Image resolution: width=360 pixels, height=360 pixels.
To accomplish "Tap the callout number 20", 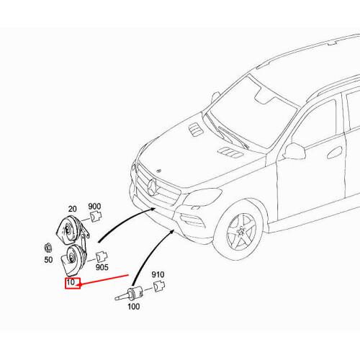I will pyautogui.click(x=73, y=207).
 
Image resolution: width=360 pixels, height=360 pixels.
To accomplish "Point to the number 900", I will pyautogui.click(x=95, y=206).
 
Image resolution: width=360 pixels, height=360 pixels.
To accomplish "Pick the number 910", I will pyautogui.click(x=158, y=275).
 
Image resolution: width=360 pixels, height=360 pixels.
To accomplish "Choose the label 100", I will pyautogui.click(x=132, y=306).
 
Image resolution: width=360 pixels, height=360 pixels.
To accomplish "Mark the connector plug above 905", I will pyautogui.click(x=101, y=255).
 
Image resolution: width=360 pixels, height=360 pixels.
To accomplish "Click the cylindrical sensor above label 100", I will pyautogui.click(x=131, y=293).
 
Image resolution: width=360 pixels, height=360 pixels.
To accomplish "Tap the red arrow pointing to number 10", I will pyautogui.click(x=108, y=279).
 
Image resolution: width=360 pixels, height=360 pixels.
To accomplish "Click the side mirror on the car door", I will pyautogui.click(x=294, y=150).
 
